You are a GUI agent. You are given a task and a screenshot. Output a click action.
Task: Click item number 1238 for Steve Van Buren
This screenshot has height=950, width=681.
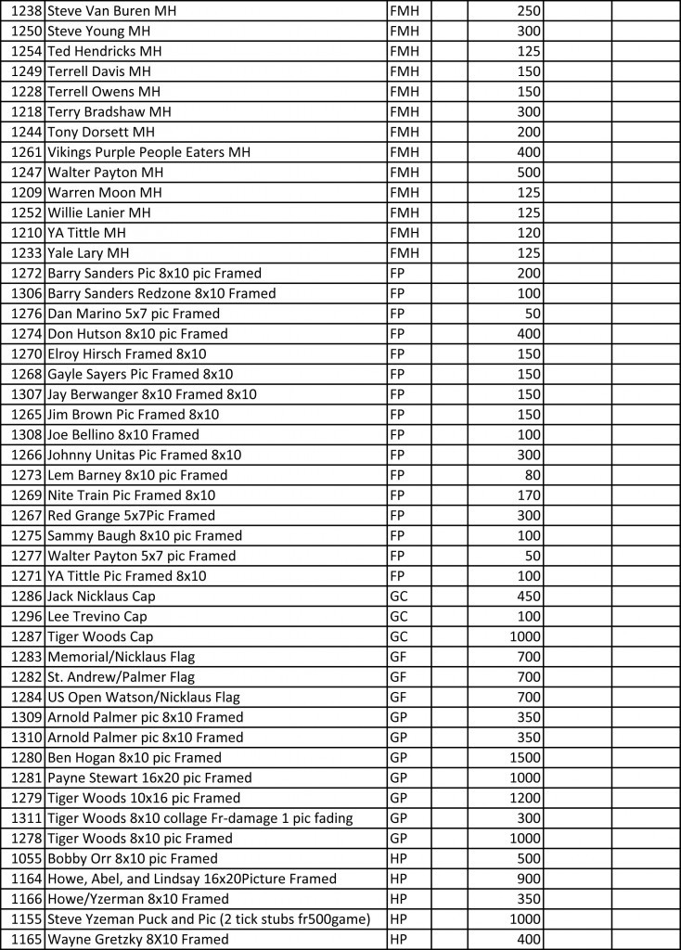pos(26,11)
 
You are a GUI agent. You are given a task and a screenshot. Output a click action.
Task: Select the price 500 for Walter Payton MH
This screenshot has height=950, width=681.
pos(530,173)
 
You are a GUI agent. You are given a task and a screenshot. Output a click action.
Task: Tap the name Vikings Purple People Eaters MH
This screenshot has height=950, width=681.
pos(148,152)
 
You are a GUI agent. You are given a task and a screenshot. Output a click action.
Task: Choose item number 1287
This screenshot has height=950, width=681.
pos(26,637)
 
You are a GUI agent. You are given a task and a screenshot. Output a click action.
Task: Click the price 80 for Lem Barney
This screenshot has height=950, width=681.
pos(533,475)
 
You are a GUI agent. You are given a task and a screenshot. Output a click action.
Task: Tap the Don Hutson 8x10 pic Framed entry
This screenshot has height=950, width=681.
pos(137,334)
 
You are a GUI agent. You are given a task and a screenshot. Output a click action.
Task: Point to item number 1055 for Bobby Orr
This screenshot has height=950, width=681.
pos(26,859)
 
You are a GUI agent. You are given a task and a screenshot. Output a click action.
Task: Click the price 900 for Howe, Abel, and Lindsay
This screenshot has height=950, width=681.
pos(530,879)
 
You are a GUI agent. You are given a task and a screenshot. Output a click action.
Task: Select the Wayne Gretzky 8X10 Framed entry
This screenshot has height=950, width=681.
pos(137,940)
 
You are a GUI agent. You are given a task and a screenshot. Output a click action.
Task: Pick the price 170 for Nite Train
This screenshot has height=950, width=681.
pos(530,495)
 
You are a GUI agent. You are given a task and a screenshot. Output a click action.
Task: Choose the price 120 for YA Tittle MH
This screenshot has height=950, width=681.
pos(530,233)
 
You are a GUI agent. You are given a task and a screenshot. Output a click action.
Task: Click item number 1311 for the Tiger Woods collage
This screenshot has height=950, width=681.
pos(26,818)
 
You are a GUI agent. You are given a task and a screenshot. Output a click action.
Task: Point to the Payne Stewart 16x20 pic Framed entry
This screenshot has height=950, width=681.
pos(149,778)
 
